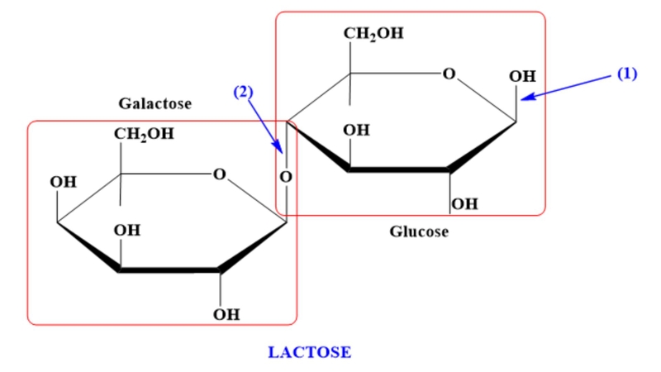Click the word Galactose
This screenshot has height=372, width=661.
(x=155, y=104)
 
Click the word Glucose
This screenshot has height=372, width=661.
(x=419, y=231)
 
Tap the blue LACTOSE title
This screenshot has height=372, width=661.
(x=310, y=352)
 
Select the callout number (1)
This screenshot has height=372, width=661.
(x=627, y=74)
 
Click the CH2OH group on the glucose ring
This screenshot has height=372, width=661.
(x=374, y=35)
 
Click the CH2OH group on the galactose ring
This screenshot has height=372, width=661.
(x=144, y=134)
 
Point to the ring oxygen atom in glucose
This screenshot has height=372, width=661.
(x=449, y=74)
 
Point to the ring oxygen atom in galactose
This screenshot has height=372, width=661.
(x=219, y=174)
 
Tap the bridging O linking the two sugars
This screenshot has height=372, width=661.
(x=286, y=176)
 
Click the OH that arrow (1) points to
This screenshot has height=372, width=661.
(x=522, y=77)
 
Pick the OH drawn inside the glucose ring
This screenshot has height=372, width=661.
(x=356, y=131)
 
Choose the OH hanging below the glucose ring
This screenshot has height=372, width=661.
(x=464, y=203)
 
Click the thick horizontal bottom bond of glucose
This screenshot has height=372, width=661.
(x=398, y=170)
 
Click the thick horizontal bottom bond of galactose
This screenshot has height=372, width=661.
(x=169, y=270)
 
